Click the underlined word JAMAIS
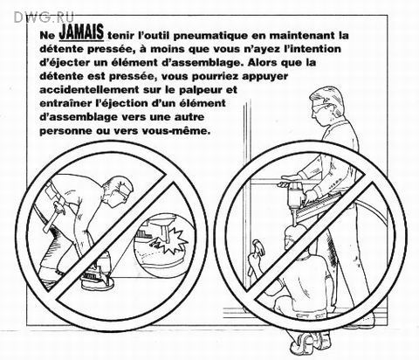click(x=81, y=32)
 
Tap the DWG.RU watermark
click(x=44, y=17)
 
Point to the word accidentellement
click(x=89, y=90)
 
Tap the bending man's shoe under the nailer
click(x=98, y=282)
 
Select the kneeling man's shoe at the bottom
click(x=306, y=340)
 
